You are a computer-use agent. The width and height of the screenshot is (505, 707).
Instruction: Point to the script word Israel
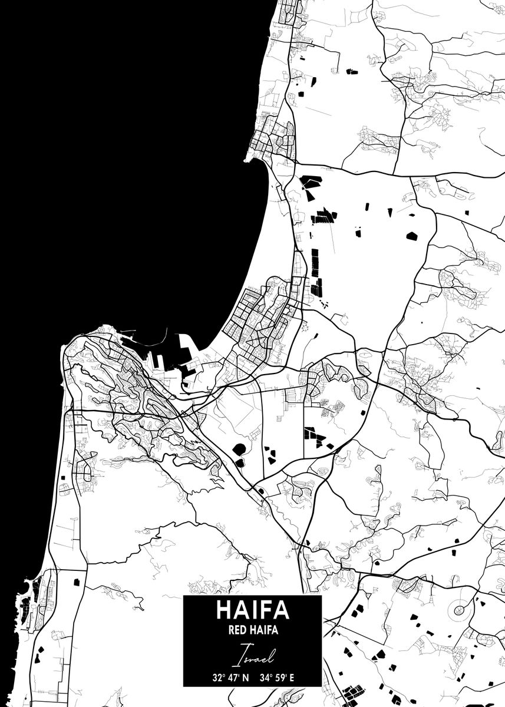[252, 653]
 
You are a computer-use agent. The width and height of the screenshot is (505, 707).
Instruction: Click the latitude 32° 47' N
[231, 677]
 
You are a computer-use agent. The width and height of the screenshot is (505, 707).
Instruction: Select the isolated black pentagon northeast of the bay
[411, 236]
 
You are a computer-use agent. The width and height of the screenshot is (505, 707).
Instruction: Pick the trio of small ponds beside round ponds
[270, 455]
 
